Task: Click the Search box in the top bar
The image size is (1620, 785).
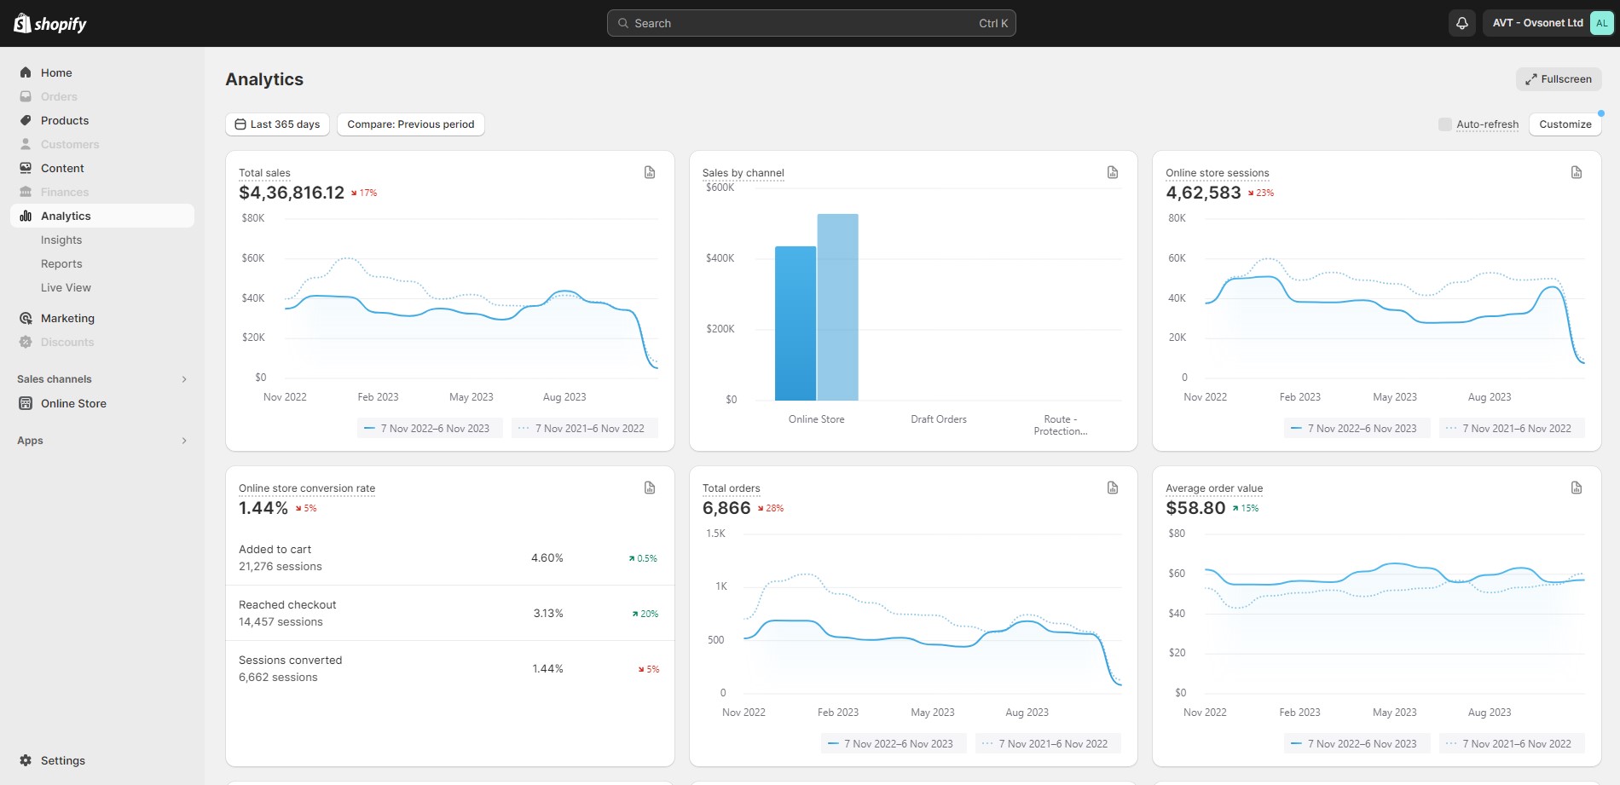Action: click(810, 23)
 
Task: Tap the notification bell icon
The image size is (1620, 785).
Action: click(1461, 23)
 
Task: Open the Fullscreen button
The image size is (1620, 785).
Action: click(1559, 79)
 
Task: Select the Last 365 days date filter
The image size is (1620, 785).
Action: click(277, 124)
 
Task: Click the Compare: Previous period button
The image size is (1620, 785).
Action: click(410, 124)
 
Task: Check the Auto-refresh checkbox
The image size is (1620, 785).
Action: click(1444, 124)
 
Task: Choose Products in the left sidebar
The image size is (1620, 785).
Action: click(65, 120)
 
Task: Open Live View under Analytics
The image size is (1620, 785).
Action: click(66, 287)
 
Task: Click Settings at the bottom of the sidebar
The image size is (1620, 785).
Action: click(62, 760)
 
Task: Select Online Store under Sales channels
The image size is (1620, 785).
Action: click(73, 403)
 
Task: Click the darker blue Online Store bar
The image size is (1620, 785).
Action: click(795, 324)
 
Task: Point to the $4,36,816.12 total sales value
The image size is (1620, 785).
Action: click(292, 193)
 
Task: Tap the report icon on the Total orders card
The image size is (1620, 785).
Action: click(1113, 488)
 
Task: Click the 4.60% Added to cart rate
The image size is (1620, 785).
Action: click(547, 558)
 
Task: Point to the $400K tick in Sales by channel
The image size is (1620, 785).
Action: click(720, 258)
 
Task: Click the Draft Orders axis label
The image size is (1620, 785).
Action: click(938, 419)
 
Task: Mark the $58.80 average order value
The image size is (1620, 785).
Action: click(1195, 508)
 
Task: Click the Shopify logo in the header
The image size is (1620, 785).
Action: click(50, 23)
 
